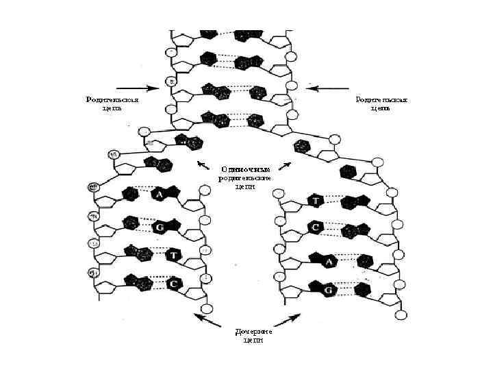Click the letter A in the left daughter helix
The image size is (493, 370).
pyautogui.click(x=159, y=195)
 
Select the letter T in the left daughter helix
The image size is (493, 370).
pyautogui.click(x=174, y=255)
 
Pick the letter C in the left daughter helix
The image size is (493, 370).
pyautogui.click(x=174, y=283)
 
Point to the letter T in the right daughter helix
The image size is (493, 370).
pyautogui.click(x=316, y=201)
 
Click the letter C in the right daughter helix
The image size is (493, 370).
pyautogui.click(x=316, y=226)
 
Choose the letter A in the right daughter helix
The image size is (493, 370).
pyautogui.click(x=329, y=261)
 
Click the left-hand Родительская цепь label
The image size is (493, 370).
pyautogui.click(x=112, y=103)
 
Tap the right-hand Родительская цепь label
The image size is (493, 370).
pyautogui.click(x=381, y=103)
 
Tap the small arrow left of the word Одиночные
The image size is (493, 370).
pyautogui.click(x=203, y=164)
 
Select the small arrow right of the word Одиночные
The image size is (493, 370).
pyautogui.click(x=286, y=165)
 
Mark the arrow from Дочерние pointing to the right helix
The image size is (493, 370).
pyautogui.click(x=288, y=321)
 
